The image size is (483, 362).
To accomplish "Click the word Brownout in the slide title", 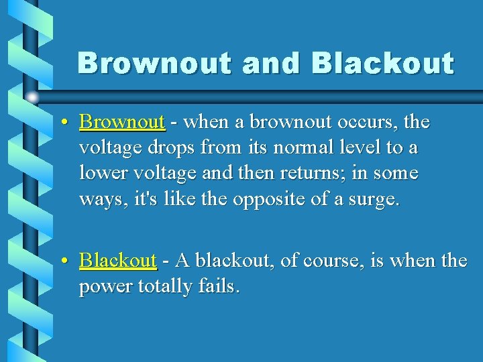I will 154,64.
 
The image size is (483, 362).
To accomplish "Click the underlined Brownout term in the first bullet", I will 121,122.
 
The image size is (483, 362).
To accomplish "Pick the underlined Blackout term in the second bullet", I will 117,260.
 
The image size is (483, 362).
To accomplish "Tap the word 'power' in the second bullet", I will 106,286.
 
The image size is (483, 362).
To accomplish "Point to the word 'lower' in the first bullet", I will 101,174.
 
